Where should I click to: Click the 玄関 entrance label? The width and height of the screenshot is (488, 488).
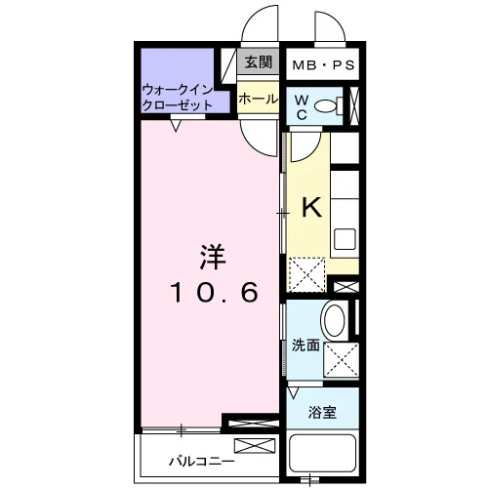[x=259, y=61]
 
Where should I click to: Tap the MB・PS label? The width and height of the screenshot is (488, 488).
[x=323, y=65]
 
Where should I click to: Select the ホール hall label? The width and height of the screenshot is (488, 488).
[x=259, y=99]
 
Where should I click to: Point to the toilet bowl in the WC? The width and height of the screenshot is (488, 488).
[x=326, y=105]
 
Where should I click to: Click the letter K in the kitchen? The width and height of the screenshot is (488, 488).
[x=311, y=207]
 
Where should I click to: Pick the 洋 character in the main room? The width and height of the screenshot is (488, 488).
[x=213, y=257]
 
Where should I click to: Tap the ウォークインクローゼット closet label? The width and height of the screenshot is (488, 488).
[x=178, y=98]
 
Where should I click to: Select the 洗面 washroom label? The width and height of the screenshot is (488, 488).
[x=305, y=346]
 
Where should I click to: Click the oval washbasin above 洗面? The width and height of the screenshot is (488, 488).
[x=334, y=320]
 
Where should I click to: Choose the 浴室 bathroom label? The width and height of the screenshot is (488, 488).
[x=322, y=413]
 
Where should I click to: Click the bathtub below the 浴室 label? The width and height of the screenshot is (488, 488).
[x=323, y=453]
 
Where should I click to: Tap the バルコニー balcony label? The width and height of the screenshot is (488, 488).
[x=202, y=461]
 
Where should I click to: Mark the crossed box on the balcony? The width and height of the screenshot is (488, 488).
[x=255, y=446]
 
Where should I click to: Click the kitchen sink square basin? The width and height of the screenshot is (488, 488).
[x=345, y=239]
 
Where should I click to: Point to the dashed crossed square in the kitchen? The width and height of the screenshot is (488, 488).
[x=307, y=275]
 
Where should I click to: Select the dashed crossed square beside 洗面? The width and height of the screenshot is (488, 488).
[x=342, y=359]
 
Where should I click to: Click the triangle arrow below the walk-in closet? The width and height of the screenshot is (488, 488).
[x=176, y=125]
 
